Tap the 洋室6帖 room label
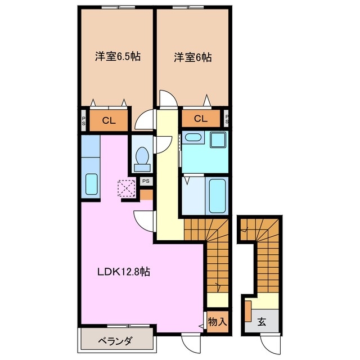click(x=193, y=57)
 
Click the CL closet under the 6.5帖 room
click(x=109, y=120)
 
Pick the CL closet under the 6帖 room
click(x=200, y=119)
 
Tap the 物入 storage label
click(x=217, y=322)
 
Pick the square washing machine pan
click(x=218, y=139)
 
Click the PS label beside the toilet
click(x=145, y=181)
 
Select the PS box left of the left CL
click(x=83, y=120)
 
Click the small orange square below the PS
click(x=146, y=195)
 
